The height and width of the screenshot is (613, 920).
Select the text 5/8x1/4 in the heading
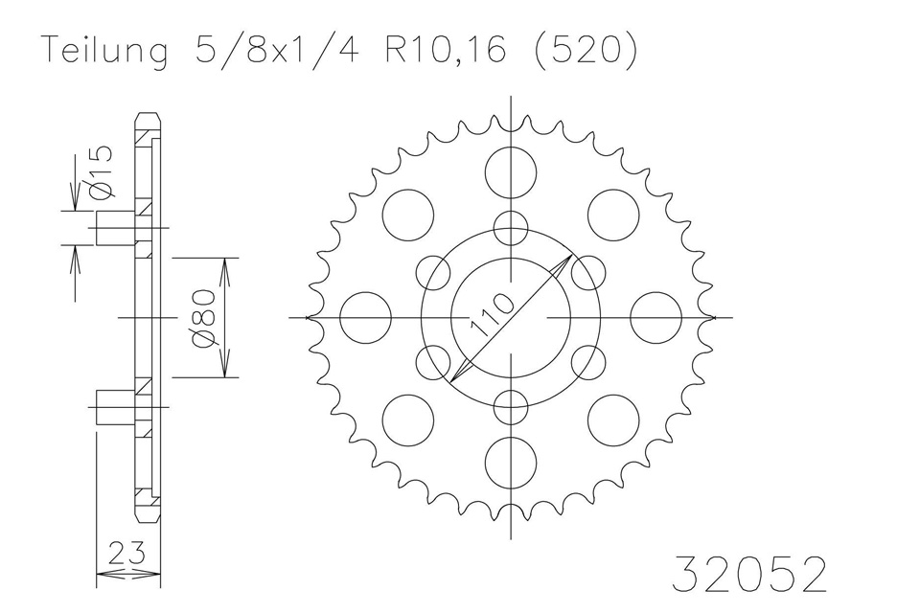(265, 52)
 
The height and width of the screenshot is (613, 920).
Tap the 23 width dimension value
(127, 553)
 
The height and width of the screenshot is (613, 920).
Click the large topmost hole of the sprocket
(510, 172)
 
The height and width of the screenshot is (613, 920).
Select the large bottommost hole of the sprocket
(510, 461)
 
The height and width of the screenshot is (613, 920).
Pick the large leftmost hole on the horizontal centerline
(366, 317)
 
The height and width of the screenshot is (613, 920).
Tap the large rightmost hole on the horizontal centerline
(655, 317)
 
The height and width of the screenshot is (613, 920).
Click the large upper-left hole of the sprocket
(408, 215)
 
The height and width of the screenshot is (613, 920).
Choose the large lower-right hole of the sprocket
(613, 419)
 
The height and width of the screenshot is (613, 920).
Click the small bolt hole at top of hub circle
(510, 228)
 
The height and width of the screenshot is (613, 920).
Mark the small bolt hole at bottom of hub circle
(510, 406)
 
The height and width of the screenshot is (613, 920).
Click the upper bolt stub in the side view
(115, 228)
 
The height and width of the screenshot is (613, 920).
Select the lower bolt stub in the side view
(115, 406)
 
